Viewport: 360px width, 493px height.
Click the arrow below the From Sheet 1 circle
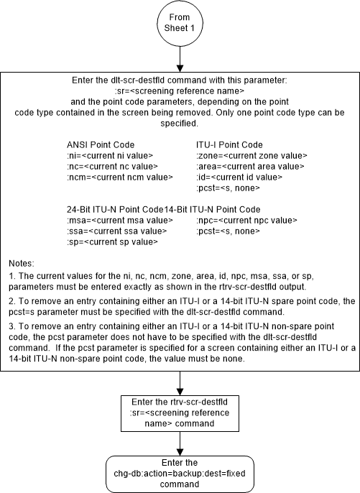click(x=180, y=62)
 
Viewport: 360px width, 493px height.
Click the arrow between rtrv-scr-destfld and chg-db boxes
click(x=180, y=446)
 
